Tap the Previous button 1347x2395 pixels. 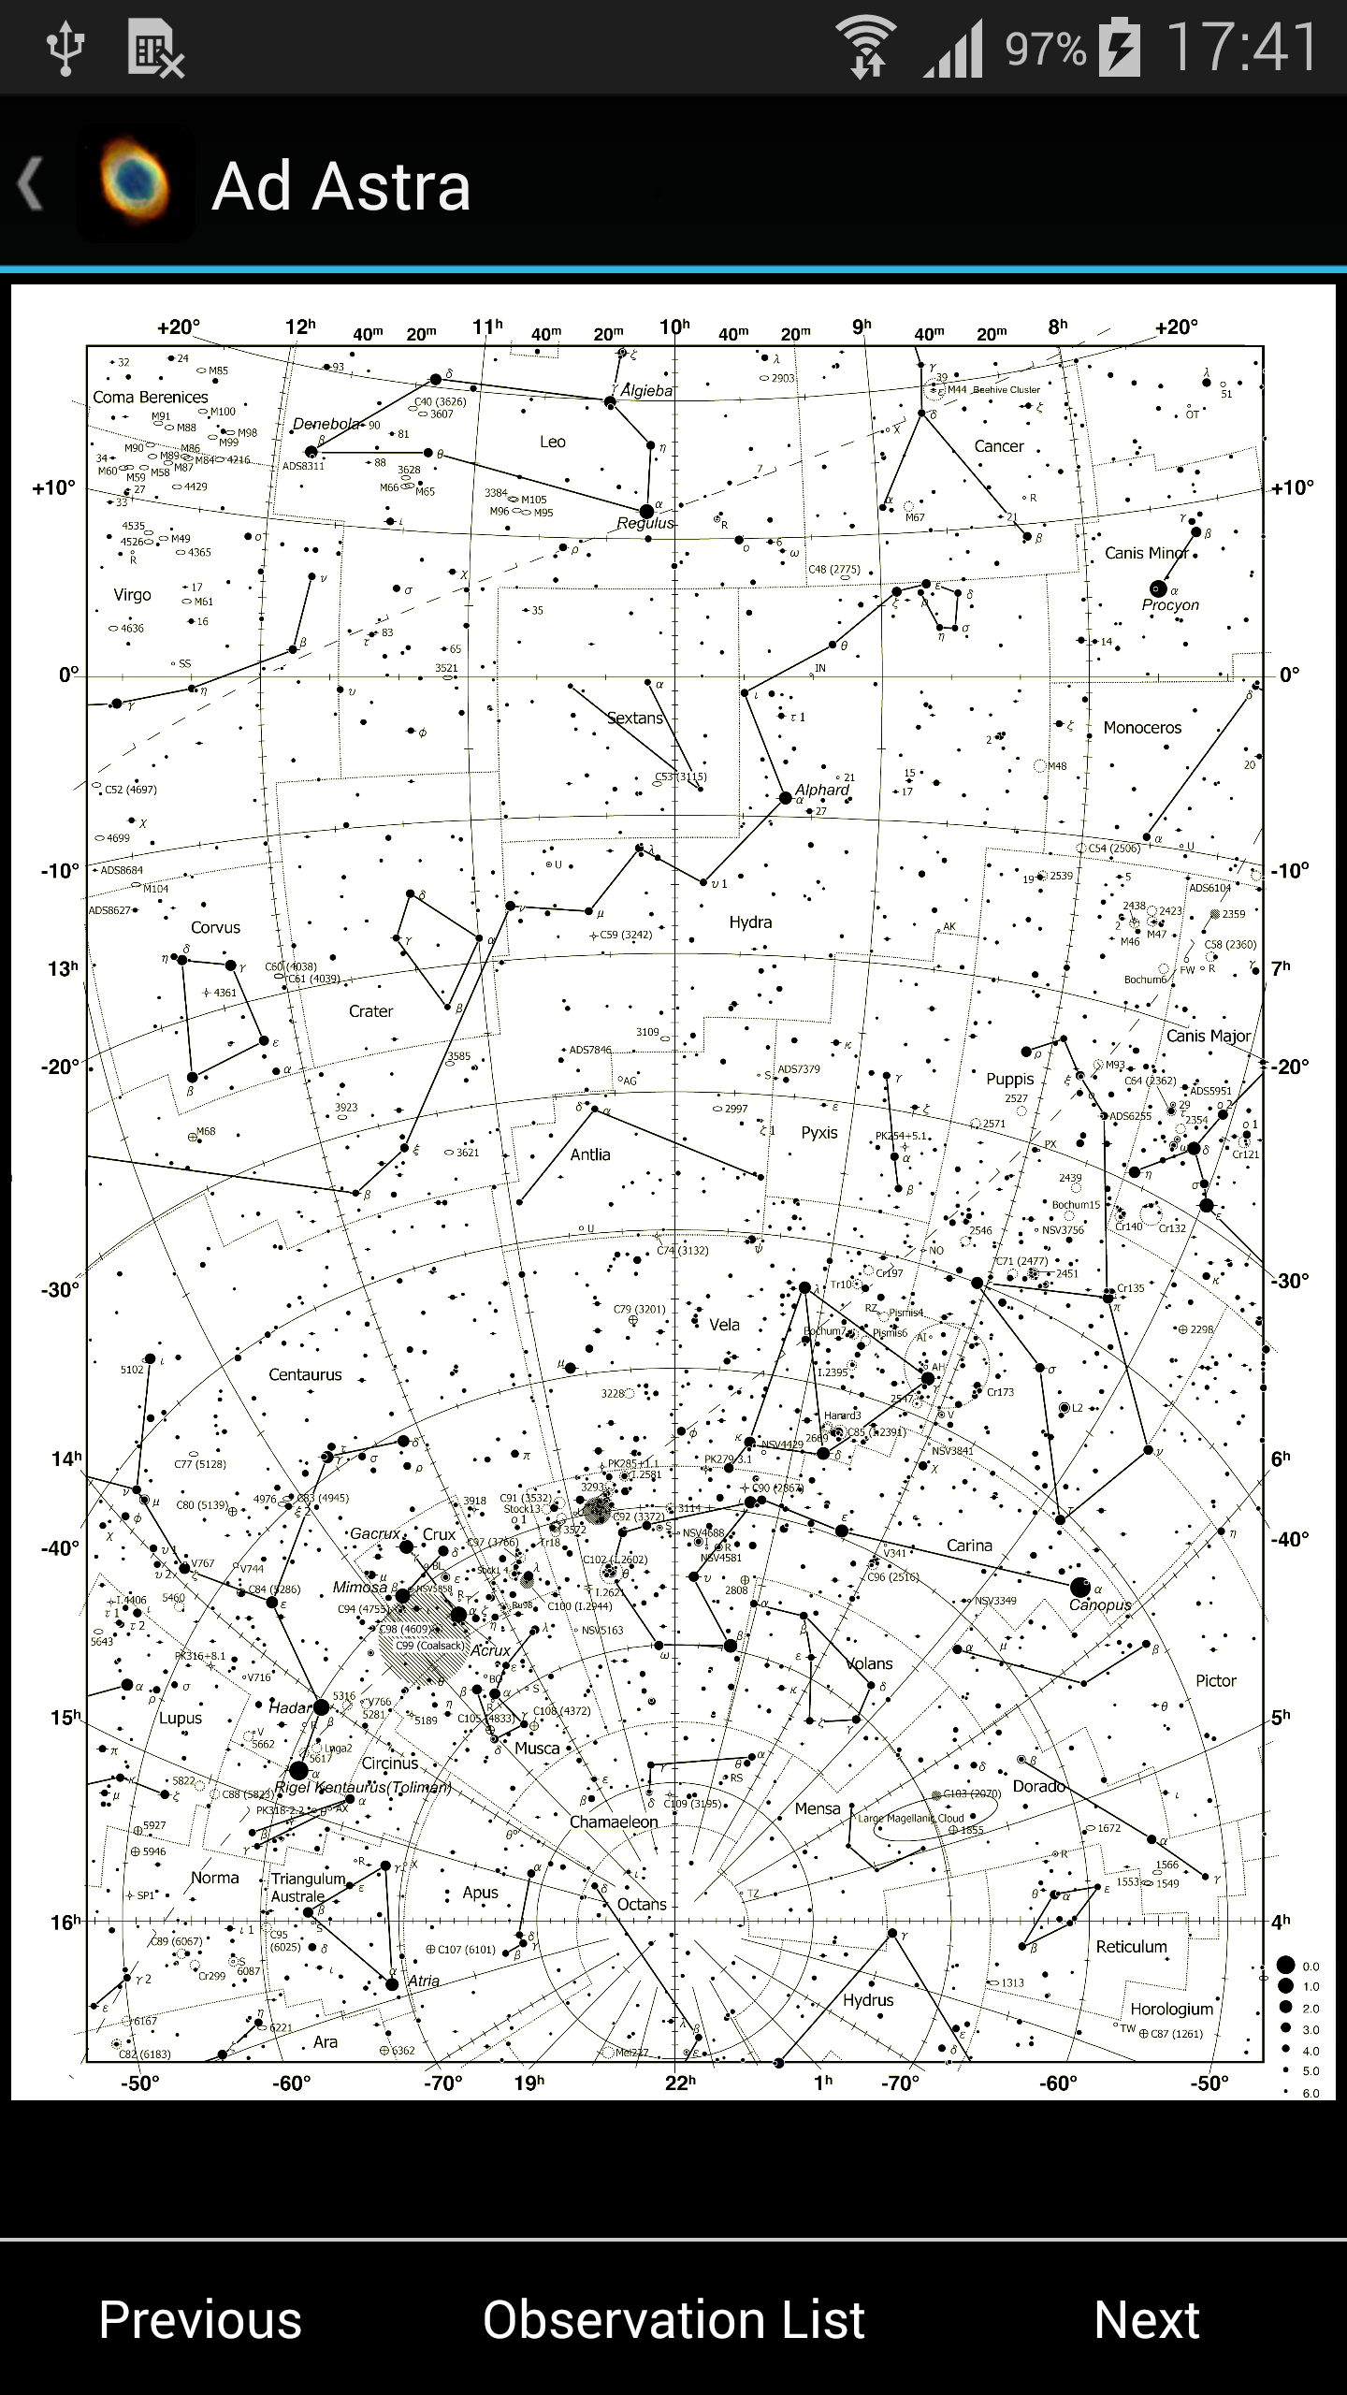(200, 2319)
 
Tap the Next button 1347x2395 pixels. (1146, 2319)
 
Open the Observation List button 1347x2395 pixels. (673, 2319)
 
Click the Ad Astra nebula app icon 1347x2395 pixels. (136, 184)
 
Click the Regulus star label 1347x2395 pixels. (645, 524)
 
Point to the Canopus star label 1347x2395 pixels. (1100, 1604)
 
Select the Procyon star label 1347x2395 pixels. (1169, 605)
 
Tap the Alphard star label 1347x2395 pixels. (822, 790)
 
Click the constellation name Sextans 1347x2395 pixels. (634, 718)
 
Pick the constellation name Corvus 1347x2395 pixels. (215, 927)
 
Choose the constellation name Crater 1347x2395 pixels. (370, 1011)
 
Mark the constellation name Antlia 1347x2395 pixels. (590, 1154)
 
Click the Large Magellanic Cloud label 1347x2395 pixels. (911, 1819)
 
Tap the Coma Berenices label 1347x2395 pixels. (151, 397)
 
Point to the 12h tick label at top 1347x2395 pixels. (300, 327)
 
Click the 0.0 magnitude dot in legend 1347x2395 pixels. (1285, 1966)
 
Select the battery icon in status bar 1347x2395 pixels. (1119, 47)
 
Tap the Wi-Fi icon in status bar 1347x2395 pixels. (865, 47)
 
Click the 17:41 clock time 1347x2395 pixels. (1242, 47)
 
